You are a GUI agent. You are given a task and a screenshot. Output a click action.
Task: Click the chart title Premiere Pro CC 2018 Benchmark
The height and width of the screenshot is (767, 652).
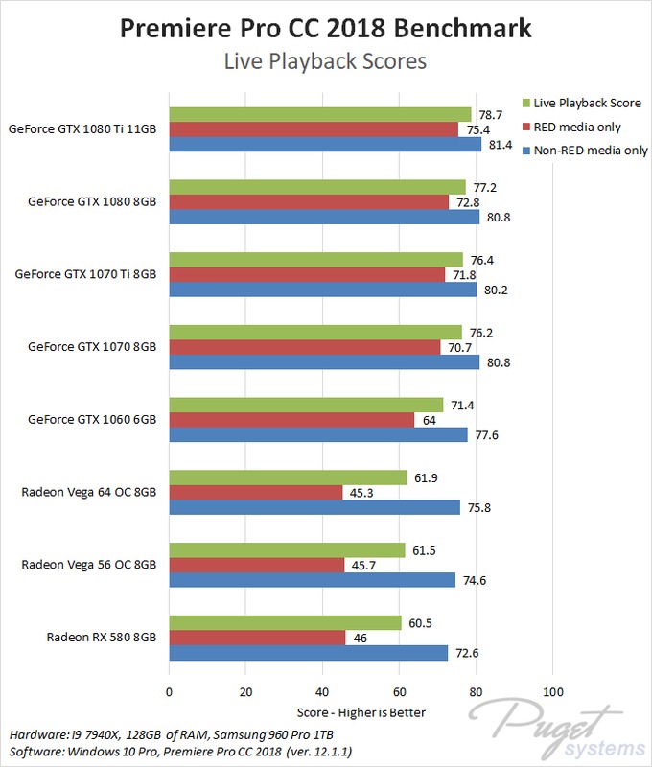coord(325,29)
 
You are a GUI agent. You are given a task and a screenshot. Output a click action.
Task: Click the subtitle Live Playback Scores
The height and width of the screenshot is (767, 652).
coord(325,62)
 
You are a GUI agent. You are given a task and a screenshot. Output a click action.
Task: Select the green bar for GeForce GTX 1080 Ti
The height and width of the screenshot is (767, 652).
coord(320,115)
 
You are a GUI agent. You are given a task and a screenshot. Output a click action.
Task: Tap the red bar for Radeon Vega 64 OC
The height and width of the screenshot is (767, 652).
coord(256,493)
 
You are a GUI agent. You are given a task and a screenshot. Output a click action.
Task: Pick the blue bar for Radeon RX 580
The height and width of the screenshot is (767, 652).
coord(309,653)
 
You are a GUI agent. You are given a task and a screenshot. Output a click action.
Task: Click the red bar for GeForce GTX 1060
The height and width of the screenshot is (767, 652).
coord(291,420)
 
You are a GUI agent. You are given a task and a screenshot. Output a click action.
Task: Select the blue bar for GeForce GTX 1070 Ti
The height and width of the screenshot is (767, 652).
coord(323,291)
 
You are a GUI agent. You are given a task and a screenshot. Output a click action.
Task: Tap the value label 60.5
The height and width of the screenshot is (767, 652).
coord(421,623)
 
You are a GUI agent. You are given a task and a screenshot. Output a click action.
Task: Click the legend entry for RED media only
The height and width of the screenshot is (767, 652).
coord(576,127)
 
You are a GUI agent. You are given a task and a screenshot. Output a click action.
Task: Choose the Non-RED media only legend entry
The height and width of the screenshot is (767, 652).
coord(584,151)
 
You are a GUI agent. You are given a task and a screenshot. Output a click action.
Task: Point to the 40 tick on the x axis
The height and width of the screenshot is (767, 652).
coord(322,692)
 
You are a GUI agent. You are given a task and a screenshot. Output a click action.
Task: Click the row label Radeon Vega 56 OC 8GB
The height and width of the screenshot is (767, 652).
coord(88,565)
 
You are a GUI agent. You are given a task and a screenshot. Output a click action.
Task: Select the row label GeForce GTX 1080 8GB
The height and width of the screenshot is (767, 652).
coord(92,202)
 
